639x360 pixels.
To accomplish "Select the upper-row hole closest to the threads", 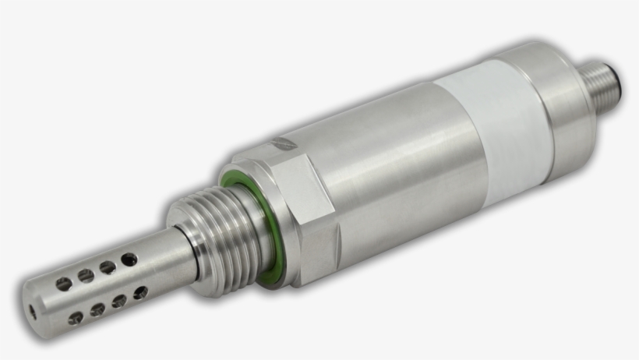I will click(129, 259).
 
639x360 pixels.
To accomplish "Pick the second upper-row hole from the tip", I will click(86, 275).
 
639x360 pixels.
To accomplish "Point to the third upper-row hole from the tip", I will click(108, 267).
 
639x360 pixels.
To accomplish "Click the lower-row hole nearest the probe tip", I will click(76, 318).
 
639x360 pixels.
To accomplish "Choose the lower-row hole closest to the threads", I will click(140, 293).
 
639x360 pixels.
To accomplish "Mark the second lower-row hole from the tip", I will click(97, 309).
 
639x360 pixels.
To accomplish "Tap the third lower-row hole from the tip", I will click(119, 302).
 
